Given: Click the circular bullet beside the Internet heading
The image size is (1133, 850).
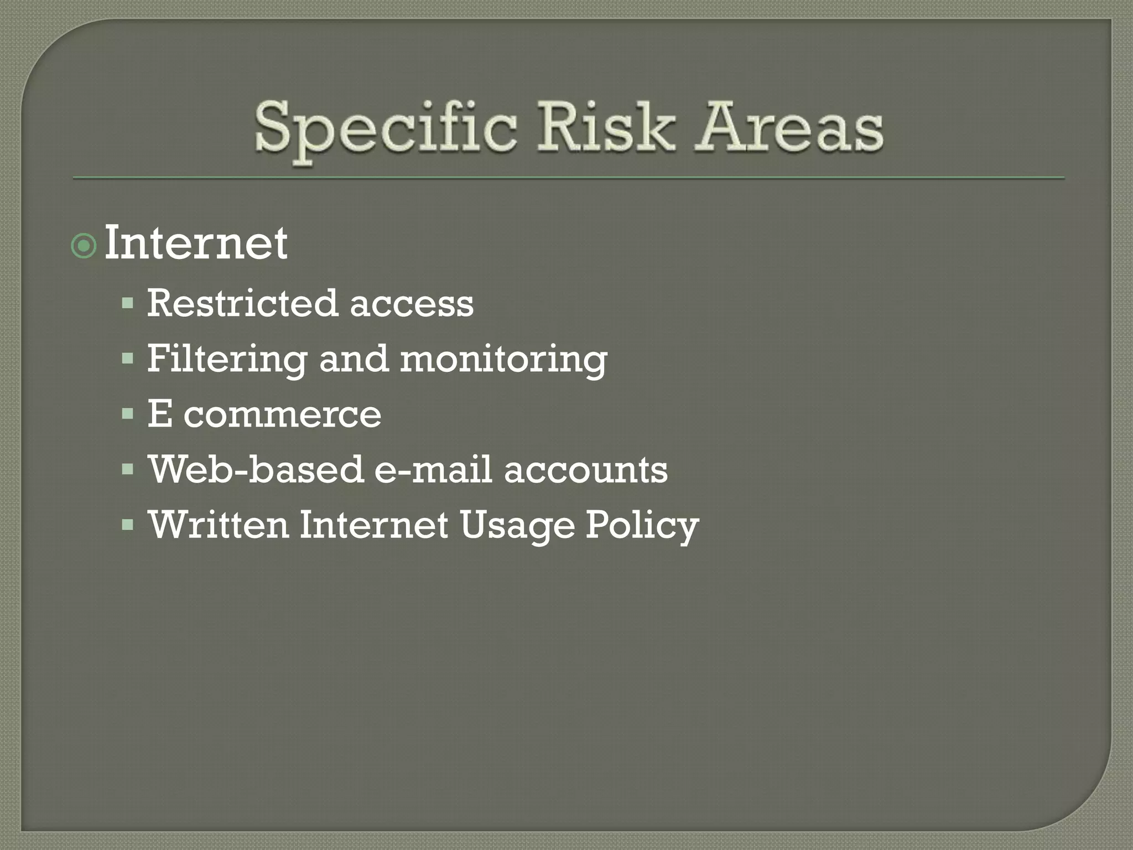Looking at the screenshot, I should (84, 246).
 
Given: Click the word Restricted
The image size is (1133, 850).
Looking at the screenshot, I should (242, 303).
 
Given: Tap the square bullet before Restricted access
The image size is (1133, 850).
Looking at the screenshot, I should (128, 303).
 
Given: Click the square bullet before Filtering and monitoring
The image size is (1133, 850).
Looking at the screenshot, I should (128, 359).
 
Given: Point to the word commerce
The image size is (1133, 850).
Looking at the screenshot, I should (282, 414).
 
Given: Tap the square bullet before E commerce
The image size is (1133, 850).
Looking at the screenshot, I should (128, 414).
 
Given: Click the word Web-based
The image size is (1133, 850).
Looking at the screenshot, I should (256, 469).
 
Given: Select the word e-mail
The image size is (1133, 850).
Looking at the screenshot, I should (433, 469).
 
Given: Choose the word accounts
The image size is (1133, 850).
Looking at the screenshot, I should (586, 469).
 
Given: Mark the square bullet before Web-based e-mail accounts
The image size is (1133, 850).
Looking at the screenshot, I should (128, 469).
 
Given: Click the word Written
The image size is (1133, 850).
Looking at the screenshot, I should (218, 525).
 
